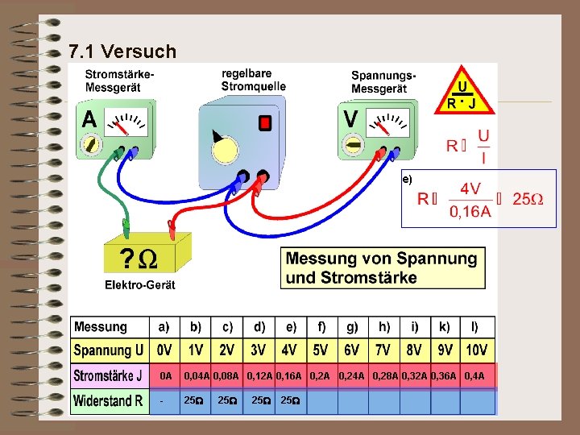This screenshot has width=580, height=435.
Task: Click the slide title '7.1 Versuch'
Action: point(122,52)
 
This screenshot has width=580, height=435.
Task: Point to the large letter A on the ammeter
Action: point(89,119)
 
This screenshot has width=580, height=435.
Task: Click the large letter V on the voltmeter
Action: point(351,119)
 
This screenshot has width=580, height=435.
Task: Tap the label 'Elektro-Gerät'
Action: point(139,284)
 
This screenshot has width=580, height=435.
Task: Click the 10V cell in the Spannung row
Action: point(476,350)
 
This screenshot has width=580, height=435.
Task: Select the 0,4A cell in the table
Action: point(474,376)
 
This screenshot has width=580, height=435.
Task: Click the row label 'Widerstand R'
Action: point(108,400)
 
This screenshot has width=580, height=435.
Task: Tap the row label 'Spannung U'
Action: point(109,350)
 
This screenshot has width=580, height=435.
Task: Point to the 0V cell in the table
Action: point(164,350)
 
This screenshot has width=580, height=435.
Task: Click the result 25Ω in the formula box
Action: point(528,199)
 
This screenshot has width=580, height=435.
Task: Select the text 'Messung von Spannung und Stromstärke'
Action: point(381,268)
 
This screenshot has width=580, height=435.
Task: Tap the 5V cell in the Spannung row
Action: point(321,350)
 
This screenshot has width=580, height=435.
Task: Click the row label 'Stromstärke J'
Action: point(109,376)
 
